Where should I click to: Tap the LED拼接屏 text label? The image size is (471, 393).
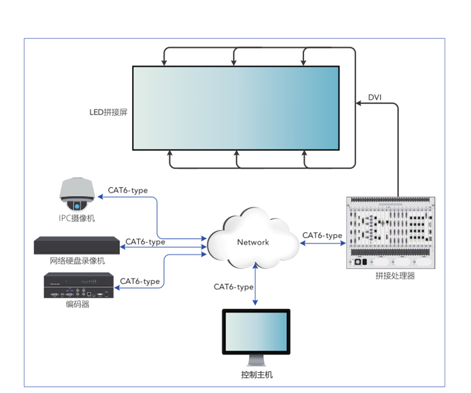(108, 112)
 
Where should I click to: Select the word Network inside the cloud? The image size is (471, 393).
(253, 242)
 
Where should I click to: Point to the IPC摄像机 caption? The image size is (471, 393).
(77, 218)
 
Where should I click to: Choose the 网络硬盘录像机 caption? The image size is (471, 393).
(77, 261)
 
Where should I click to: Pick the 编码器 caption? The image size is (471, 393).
(77, 304)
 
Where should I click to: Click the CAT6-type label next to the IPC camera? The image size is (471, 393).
(128, 190)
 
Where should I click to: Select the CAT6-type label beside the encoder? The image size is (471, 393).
(140, 281)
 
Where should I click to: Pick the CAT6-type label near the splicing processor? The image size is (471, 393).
(322, 235)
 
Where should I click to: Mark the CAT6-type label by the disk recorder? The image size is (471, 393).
(145, 242)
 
